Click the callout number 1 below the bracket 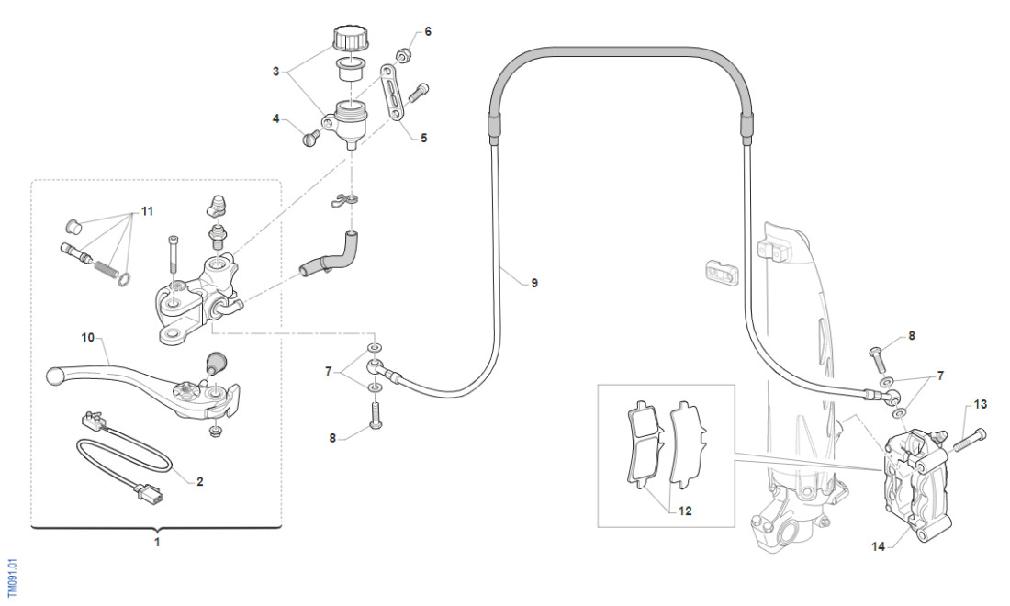click(x=157, y=543)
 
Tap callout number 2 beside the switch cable click(x=200, y=480)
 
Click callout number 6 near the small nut click(x=427, y=31)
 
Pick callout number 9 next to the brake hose click(x=534, y=283)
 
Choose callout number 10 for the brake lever click(x=88, y=338)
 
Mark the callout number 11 click(x=148, y=212)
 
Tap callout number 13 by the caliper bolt click(x=981, y=404)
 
